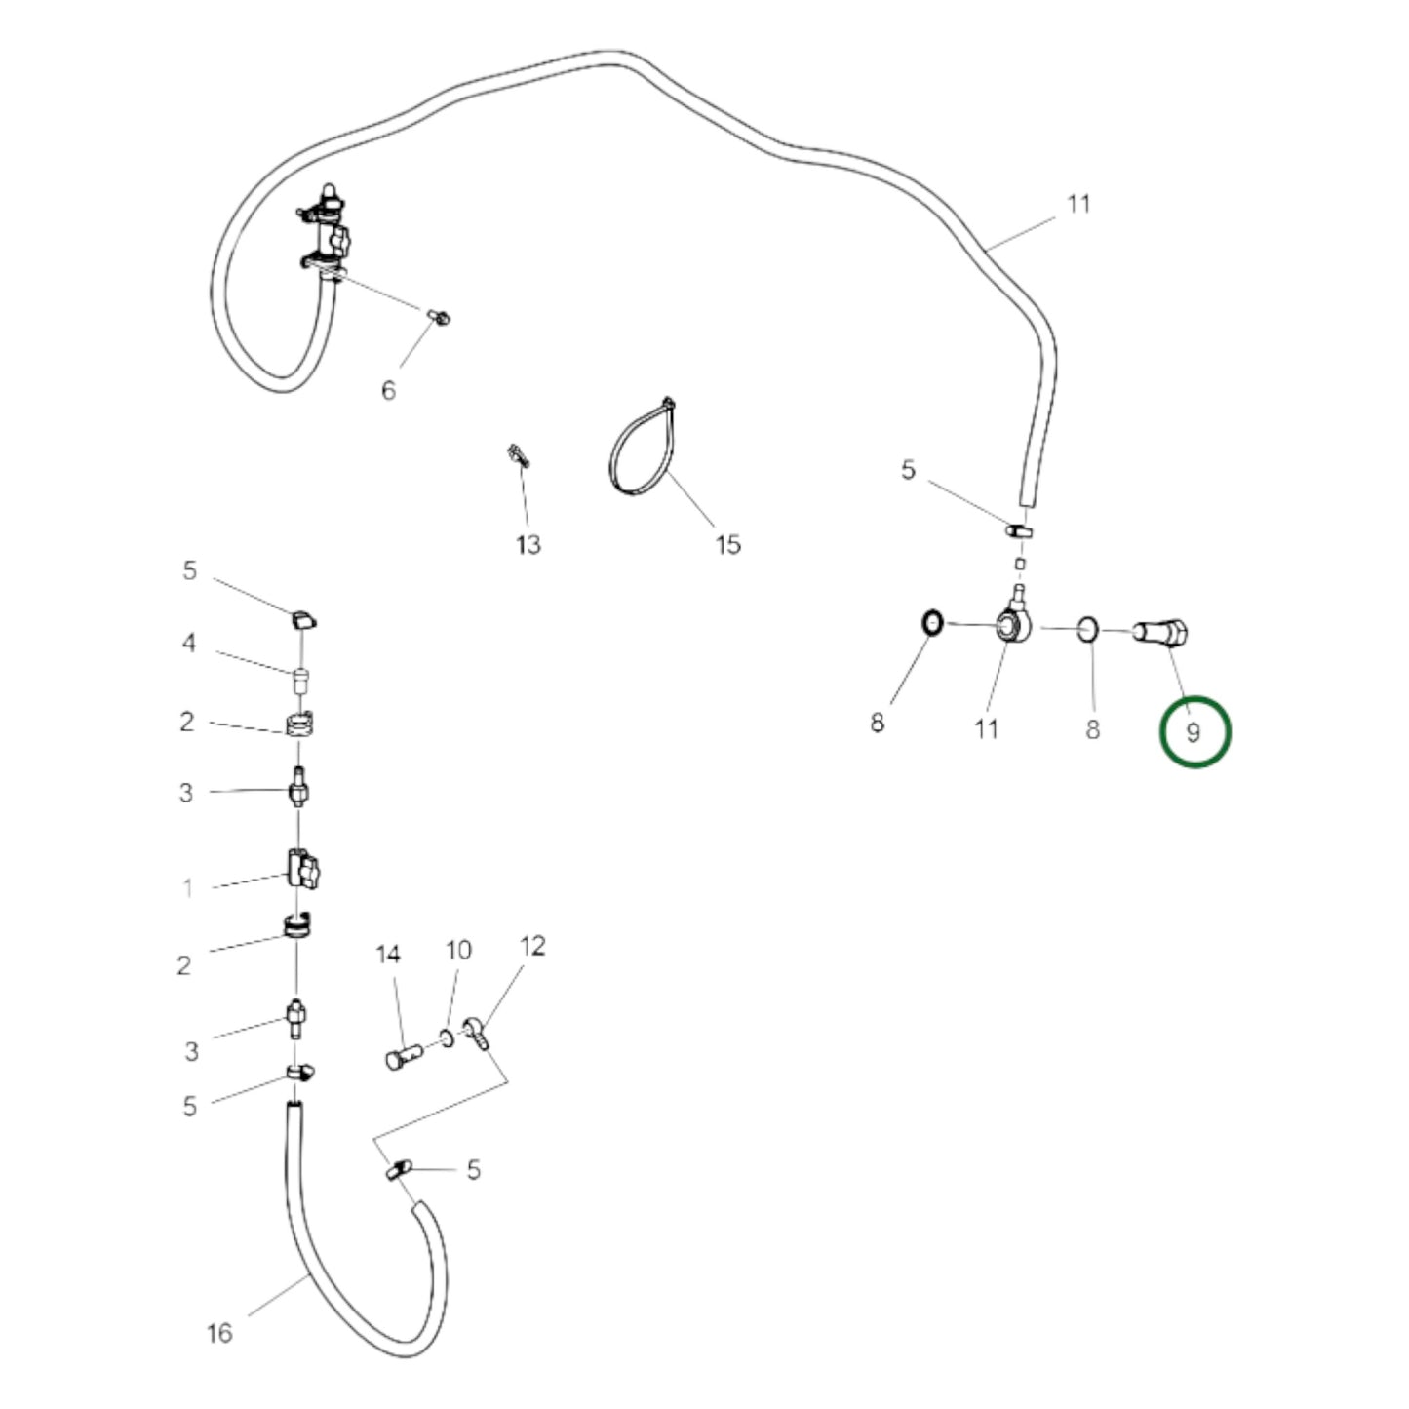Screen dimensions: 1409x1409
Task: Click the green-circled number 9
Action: click(1193, 732)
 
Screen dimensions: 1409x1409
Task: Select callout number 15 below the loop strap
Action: click(727, 545)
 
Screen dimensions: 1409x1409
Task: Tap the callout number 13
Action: click(528, 545)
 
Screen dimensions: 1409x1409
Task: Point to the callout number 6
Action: click(388, 390)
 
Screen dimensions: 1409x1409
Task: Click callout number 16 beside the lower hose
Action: click(219, 1333)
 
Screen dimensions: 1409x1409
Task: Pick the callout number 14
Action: click(388, 955)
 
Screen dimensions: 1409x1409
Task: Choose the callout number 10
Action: click(458, 950)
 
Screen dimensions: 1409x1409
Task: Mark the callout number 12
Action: click(532, 946)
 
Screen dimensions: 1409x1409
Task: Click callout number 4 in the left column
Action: click(188, 644)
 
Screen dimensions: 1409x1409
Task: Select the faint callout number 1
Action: click(188, 887)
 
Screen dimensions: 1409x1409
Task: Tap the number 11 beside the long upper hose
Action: click(1078, 203)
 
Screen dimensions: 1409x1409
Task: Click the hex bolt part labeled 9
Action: click(1159, 633)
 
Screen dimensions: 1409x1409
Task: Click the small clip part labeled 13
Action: click(518, 454)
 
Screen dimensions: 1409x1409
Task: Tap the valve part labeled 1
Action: click(303, 869)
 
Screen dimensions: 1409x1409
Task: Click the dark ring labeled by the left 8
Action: click(931, 623)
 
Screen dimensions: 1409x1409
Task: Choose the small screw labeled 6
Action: click(440, 317)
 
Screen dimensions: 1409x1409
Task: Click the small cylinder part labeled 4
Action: click(299, 681)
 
